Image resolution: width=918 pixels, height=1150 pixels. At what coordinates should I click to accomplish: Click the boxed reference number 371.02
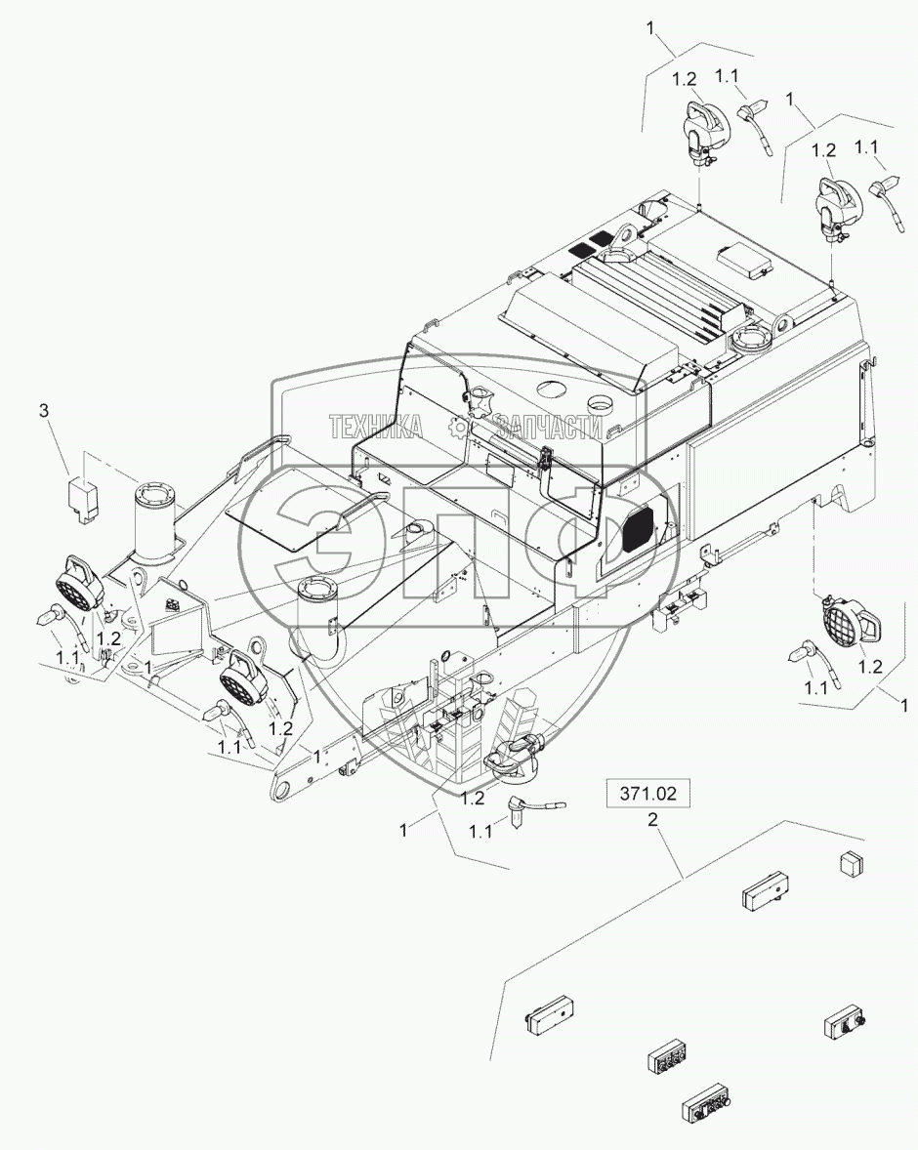(x=647, y=793)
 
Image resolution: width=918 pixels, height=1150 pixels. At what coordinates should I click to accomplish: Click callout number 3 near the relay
(x=44, y=411)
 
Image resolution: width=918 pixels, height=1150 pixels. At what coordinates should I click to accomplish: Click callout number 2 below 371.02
(x=651, y=820)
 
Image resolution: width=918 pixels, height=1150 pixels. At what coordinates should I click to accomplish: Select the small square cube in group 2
(x=852, y=863)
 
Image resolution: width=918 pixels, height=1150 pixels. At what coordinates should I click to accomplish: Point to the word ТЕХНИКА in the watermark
(x=375, y=426)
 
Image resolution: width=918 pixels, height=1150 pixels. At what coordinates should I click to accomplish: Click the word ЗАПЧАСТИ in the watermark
(x=551, y=426)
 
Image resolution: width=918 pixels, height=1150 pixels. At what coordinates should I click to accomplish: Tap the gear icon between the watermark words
(x=459, y=427)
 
